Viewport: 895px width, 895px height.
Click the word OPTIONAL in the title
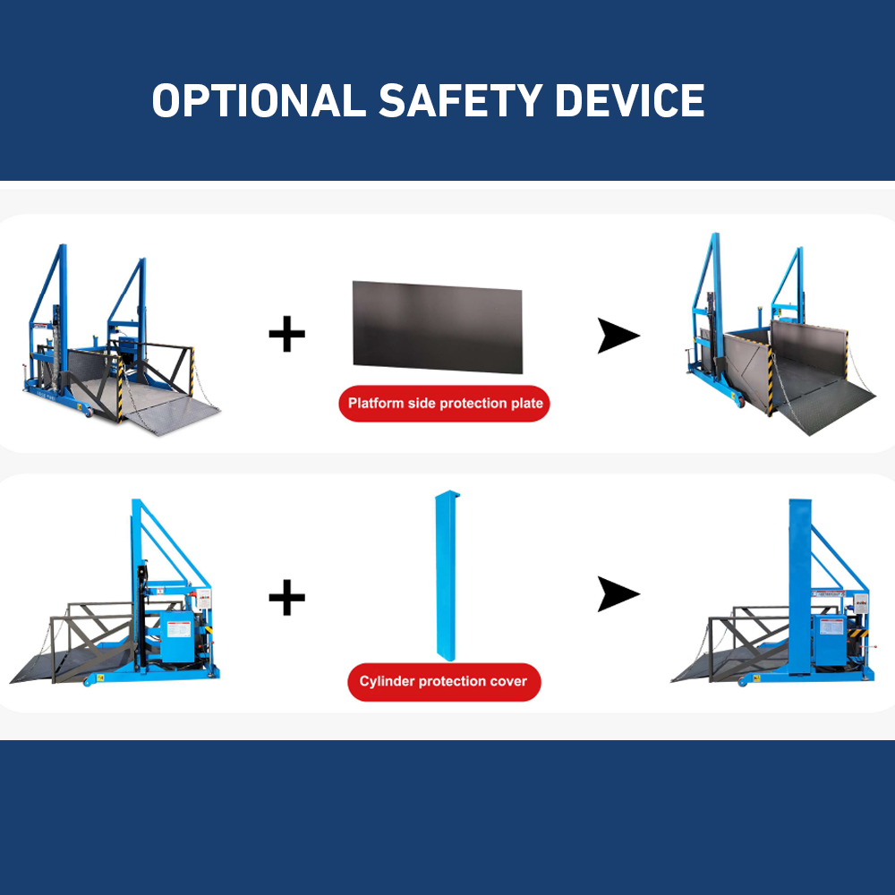tap(259, 101)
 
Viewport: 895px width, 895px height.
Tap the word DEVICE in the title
tap(629, 101)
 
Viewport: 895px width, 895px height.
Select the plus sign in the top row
tap(286, 335)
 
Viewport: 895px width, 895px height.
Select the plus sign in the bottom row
tap(286, 597)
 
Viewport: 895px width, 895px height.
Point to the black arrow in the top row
tap(618, 337)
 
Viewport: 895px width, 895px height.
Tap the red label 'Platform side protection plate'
tap(445, 404)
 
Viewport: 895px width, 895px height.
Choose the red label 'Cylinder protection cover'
tap(444, 682)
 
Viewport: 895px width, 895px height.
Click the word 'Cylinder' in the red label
tap(387, 682)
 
